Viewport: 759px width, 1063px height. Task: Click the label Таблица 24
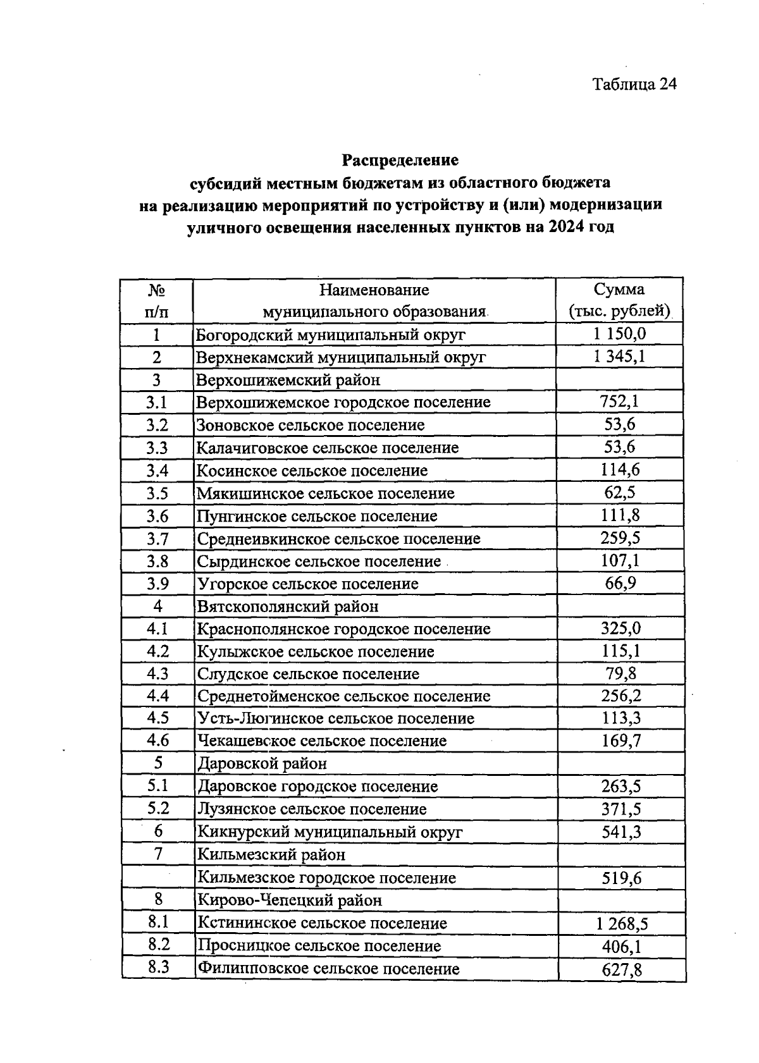634,84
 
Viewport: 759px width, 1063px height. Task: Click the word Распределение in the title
400,159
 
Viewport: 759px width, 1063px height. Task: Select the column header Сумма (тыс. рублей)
619,300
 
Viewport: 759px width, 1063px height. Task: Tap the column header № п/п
156,300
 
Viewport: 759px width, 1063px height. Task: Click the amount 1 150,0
619,333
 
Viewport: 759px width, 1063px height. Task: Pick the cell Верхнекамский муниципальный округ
341,357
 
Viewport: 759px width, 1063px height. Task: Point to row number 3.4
157,470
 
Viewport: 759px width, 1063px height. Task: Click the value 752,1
619,401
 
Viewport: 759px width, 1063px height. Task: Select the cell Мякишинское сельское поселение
325,493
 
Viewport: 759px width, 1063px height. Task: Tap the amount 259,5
620,538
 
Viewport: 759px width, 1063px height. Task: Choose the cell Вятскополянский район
288,606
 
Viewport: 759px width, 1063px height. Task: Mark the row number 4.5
157,718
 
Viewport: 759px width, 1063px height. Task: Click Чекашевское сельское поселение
322,740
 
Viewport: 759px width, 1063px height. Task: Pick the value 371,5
621,809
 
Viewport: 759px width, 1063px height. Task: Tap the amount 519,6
621,878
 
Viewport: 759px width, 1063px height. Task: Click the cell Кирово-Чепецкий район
290,900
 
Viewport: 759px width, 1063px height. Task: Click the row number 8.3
158,968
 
